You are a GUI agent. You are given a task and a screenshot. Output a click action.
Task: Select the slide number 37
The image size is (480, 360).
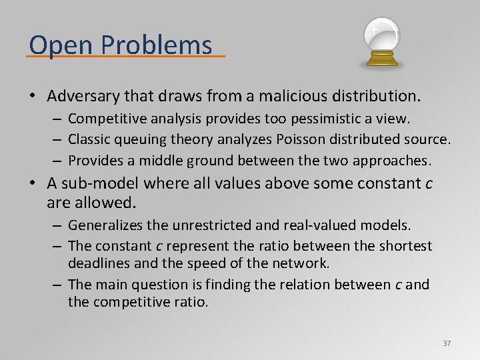[447, 343]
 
